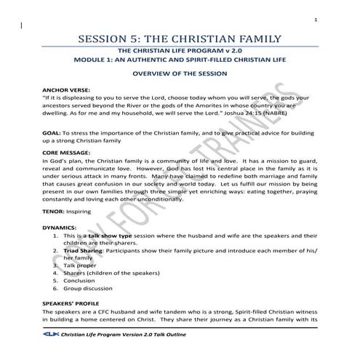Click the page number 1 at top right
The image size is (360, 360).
point(336,20)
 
